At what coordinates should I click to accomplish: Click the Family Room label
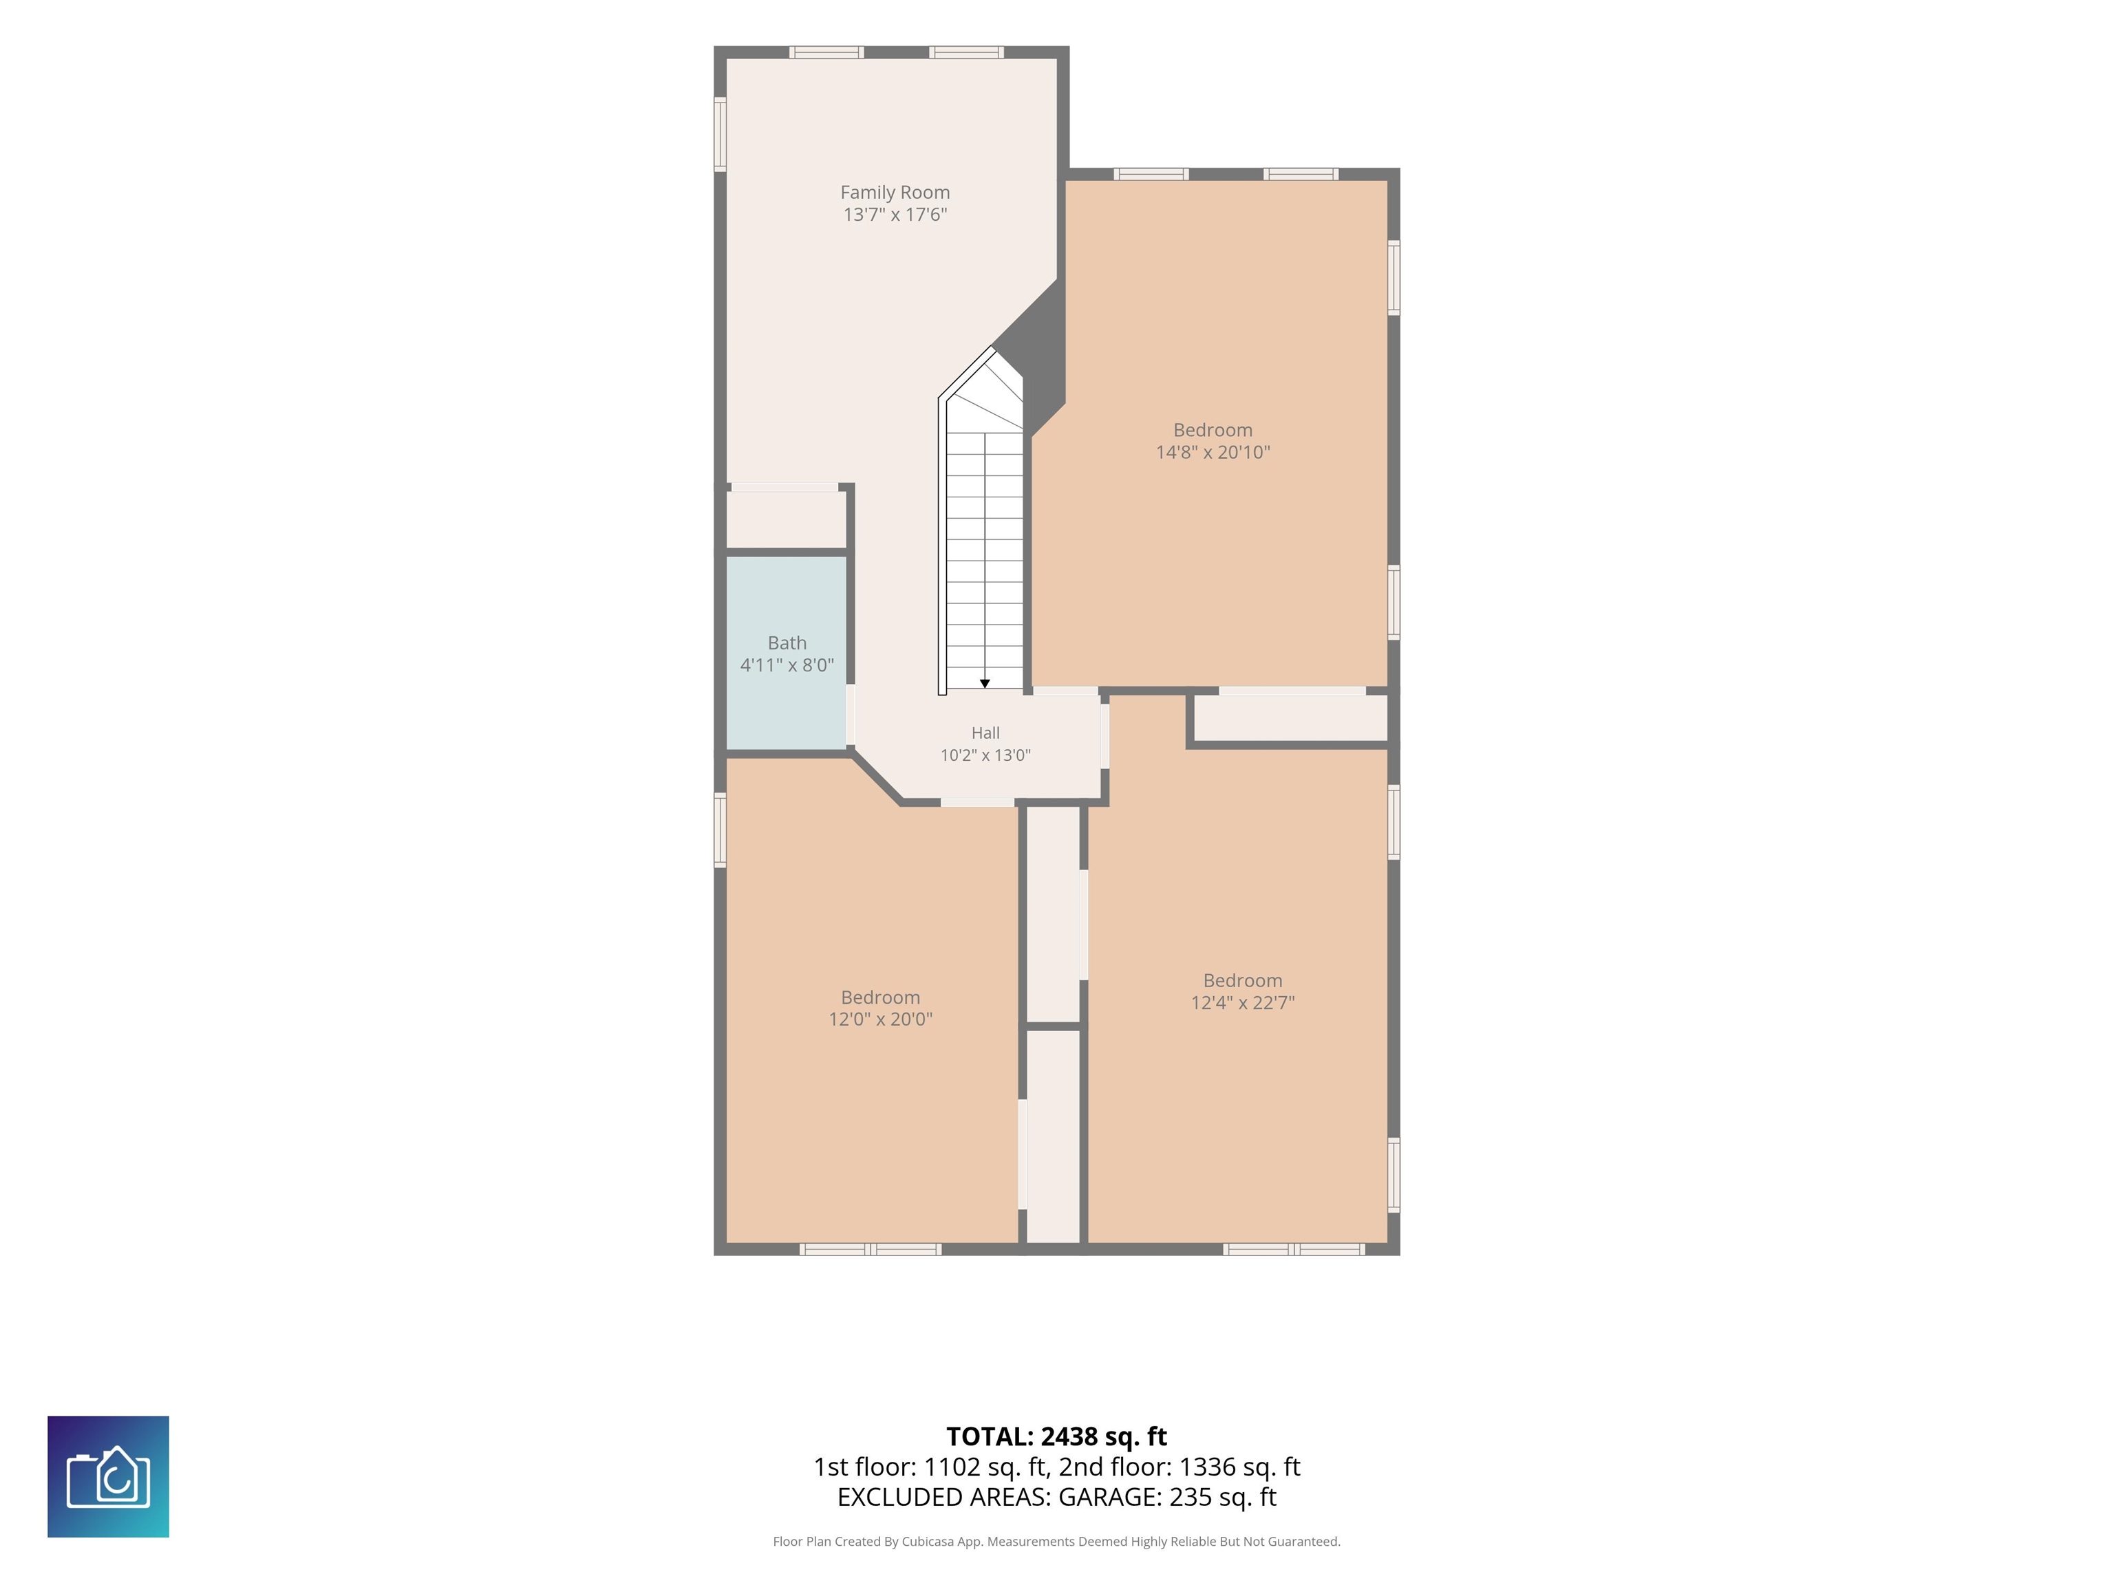(x=895, y=192)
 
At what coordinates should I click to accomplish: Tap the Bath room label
(x=787, y=643)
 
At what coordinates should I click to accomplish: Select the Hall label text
(x=985, y=733)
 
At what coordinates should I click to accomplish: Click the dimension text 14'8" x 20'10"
(x=1213, y=452)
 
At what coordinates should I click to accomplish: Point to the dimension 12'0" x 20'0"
(x=880, y=1018)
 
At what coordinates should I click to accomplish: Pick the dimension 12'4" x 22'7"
(x=1242, y=1002)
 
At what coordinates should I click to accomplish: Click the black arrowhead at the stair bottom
(x=984, y=683)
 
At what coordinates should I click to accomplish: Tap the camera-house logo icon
(x=108, y=1476)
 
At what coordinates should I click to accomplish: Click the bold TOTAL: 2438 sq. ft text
(x=1056, y=1436)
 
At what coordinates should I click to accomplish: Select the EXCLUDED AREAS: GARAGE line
(x=1056, y=1496)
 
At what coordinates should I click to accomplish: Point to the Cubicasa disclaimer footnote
(x=1056, y=1541)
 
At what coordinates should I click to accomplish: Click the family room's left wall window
(x=720, y=135)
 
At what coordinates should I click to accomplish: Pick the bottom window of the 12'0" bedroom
(x=870, y=1249)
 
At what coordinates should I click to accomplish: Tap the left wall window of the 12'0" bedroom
(x=720, y=829)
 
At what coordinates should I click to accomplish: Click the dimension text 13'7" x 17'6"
(x=895, y=214)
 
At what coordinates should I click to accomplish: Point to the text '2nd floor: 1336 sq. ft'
(x=1179, y=1467)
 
